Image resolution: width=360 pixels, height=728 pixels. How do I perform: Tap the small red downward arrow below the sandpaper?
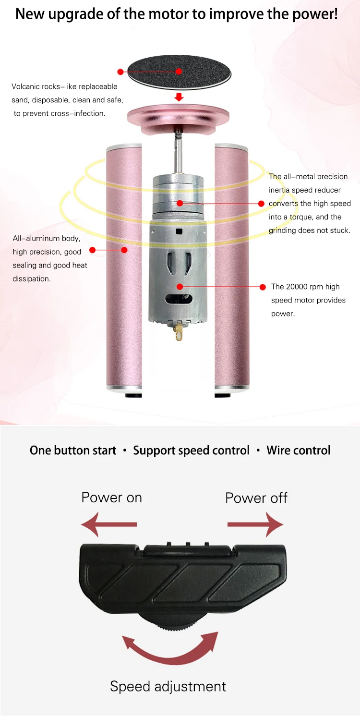tap(179, 97)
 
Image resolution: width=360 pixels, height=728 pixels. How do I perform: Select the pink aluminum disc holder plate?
tap(179, 116)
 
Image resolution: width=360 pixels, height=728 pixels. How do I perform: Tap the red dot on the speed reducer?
tap(179, 203)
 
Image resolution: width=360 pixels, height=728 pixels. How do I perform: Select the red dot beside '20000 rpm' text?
tap(263, 287)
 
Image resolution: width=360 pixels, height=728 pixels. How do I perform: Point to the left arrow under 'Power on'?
tap(109, 524)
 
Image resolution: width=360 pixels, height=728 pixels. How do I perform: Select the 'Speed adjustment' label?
tap(168, 686)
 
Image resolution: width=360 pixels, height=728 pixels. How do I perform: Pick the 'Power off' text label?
tap(256, 497)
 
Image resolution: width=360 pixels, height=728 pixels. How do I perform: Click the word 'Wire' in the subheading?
tap(278, 450)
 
